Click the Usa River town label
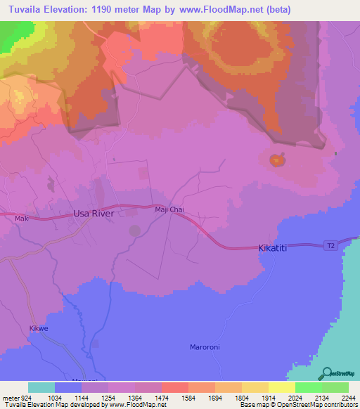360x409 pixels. coord(94,212)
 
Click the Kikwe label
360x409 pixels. coord(38,328)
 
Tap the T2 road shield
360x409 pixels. coord(330,245)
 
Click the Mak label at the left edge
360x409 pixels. coord(20,219)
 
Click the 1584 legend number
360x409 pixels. coord(174,397)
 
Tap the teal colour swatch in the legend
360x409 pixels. coord(41,387)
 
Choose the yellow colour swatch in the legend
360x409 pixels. coord(281,387)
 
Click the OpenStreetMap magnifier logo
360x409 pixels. coord(326,373)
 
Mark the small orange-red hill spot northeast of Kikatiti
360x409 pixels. coord(276,161)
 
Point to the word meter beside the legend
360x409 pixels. coord(11,397)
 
